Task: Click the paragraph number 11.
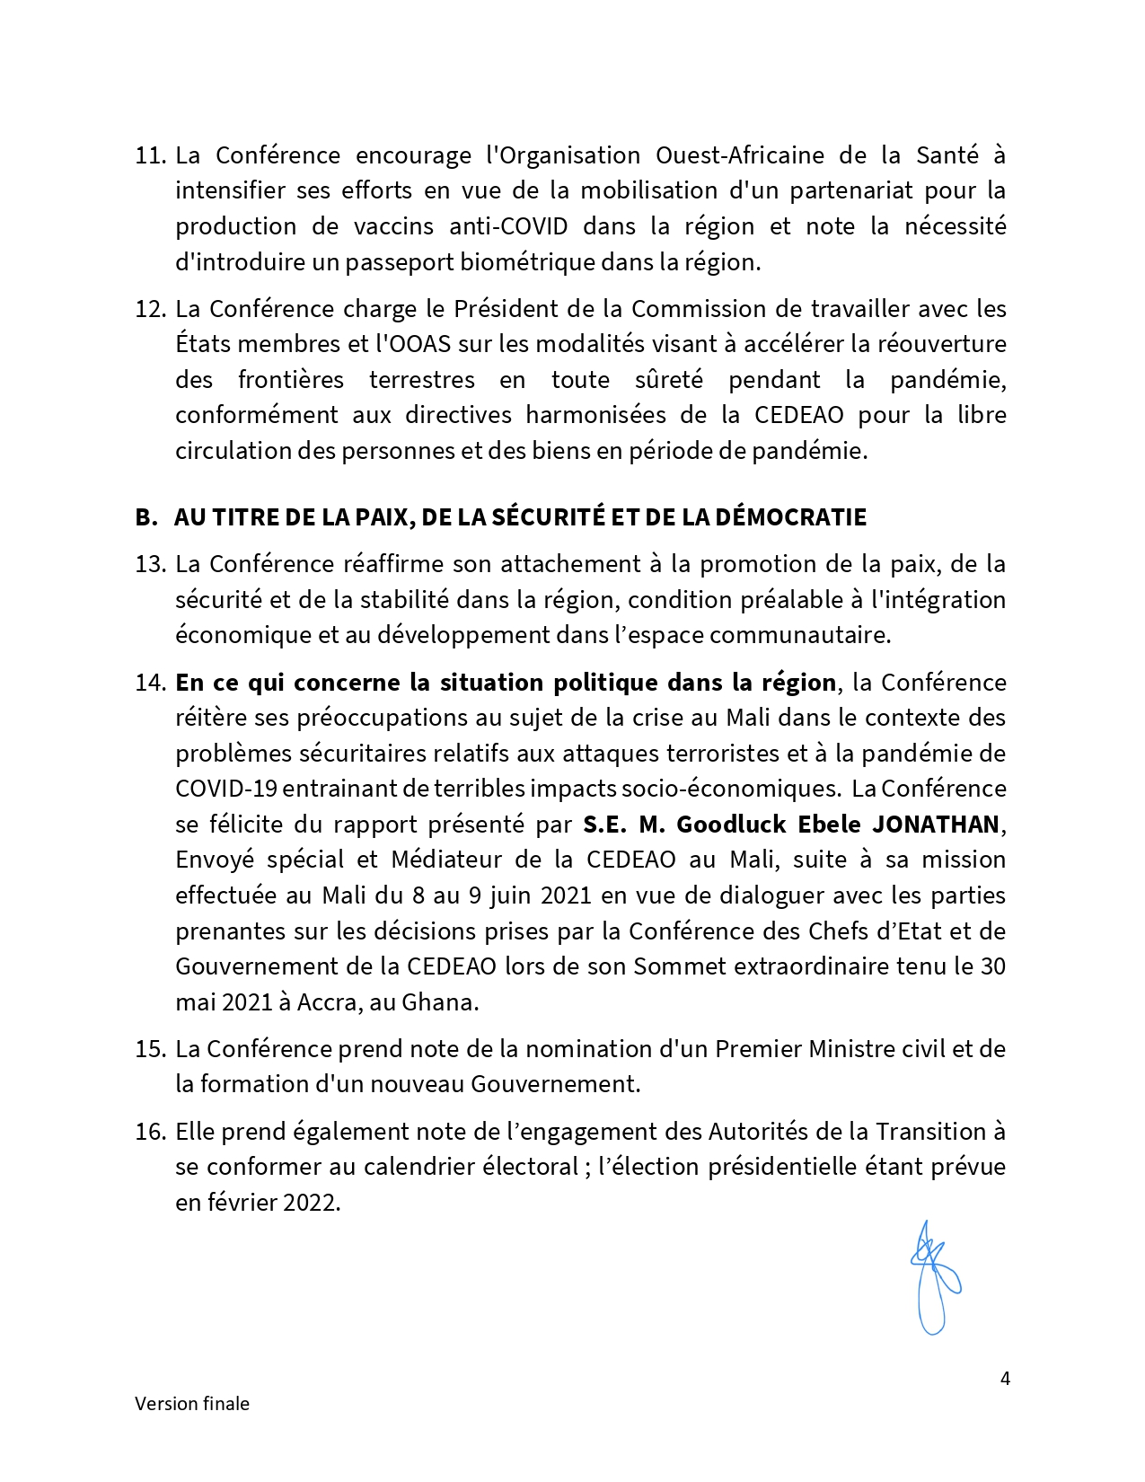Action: (x=150, y=155)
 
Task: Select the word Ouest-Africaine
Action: (x=739, y=155)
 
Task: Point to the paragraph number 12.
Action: (x=150, y=309)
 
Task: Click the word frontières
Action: (x=290, y=380)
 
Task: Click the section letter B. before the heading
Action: (x=145, y=517)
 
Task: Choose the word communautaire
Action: (x=800, y=635)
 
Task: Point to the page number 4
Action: (x=1005, y=1379)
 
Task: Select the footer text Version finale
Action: (x=192, y=1404)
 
